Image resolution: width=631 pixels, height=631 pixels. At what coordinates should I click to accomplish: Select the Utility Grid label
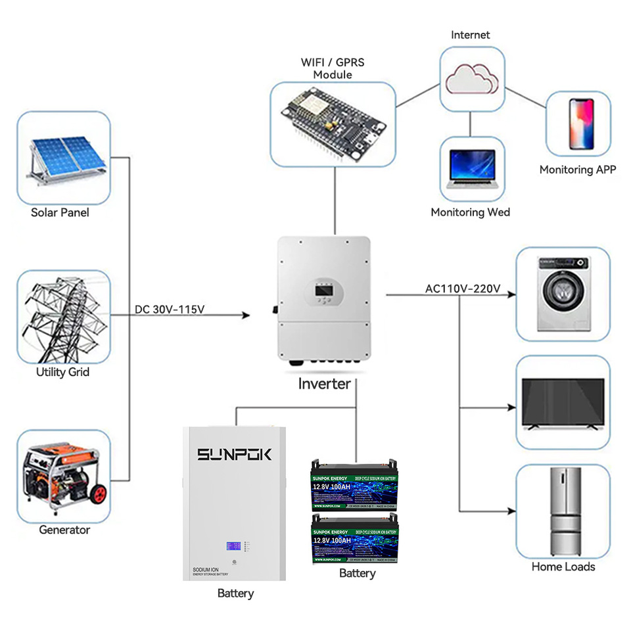(x=62, y=372)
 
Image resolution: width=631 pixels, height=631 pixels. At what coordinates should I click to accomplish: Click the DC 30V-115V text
(x=170, y=308)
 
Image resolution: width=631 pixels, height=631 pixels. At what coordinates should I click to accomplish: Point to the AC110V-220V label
(x=463, y=289)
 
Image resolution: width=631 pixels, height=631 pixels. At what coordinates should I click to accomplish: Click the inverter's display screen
(x=323, y=289)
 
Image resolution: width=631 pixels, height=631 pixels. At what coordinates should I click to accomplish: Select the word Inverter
(x=324, y=384)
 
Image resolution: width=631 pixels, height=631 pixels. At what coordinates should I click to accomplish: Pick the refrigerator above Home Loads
(x=563, y=511)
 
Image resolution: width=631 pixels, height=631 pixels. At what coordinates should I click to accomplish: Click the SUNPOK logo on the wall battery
(x=235, y=455)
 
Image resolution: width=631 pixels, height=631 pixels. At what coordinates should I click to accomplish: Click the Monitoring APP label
(x=578, y=170)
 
